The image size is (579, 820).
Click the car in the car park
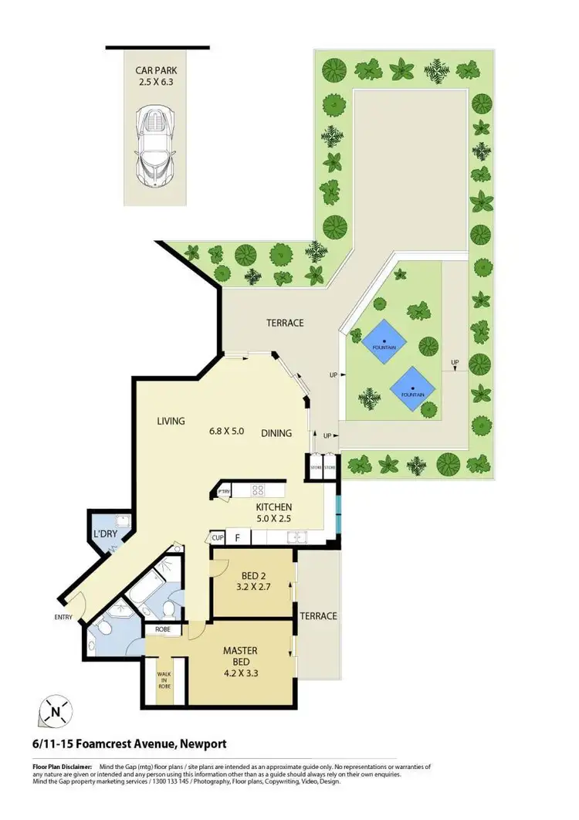pos(156,147)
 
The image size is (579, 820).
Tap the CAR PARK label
pos(156,69)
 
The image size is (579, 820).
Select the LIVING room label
pos(171,421)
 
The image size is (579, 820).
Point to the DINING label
pos(276,433)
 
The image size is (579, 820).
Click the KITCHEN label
pos(274,507)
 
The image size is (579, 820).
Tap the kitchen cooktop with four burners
pos(257,490)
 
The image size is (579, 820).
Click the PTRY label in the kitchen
pos(225,491)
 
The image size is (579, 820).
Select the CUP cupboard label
pos(218,538)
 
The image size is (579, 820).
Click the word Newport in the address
pos(202,744)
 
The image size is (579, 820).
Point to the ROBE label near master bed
pos(163,629)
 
